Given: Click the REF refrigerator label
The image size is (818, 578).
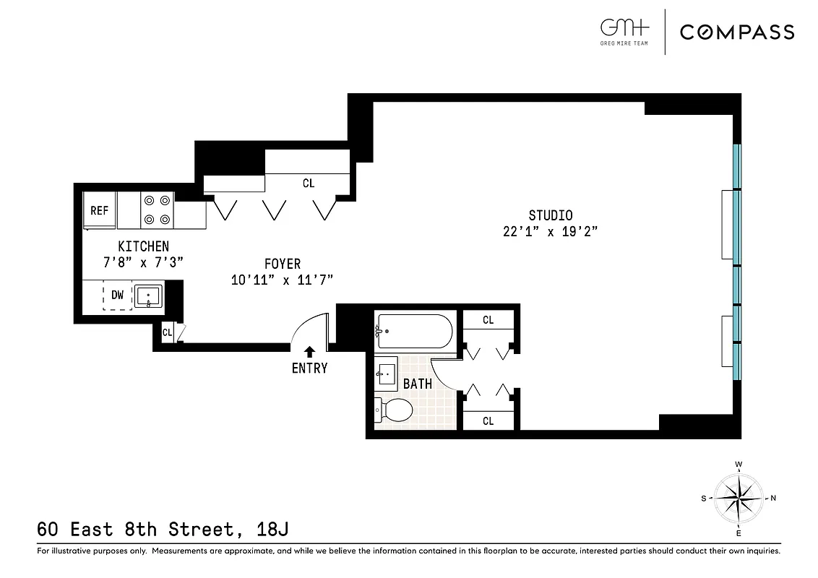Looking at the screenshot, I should click(99, 211).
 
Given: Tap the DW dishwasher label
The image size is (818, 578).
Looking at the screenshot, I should click(117, 295).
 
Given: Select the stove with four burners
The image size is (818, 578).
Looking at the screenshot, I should click(157, 210).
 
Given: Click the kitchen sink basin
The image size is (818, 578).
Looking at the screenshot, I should click(149, 296).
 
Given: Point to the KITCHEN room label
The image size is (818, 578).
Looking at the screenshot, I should click(143, 247).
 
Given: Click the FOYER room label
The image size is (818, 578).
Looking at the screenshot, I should click(282, 264).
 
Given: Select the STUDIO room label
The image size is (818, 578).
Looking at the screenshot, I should click(550, 215).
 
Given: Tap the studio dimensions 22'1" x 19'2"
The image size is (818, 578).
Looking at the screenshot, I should click(551, 232).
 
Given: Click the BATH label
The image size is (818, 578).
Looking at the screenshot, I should click(418, 384).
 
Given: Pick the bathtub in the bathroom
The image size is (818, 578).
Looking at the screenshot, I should click(414, 331).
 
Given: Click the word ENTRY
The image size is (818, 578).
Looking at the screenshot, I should click(309, 368).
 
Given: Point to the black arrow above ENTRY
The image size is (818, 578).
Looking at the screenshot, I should click(309, 351).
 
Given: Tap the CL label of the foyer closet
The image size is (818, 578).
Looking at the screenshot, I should click(309, 184).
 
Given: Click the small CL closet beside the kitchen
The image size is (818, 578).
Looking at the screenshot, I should click(168, 332).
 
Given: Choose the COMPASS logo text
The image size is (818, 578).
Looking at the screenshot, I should click(736, 32).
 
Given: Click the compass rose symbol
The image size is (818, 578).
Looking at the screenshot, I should click(739, 498).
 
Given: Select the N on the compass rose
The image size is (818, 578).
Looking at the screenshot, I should click(773, 498).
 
